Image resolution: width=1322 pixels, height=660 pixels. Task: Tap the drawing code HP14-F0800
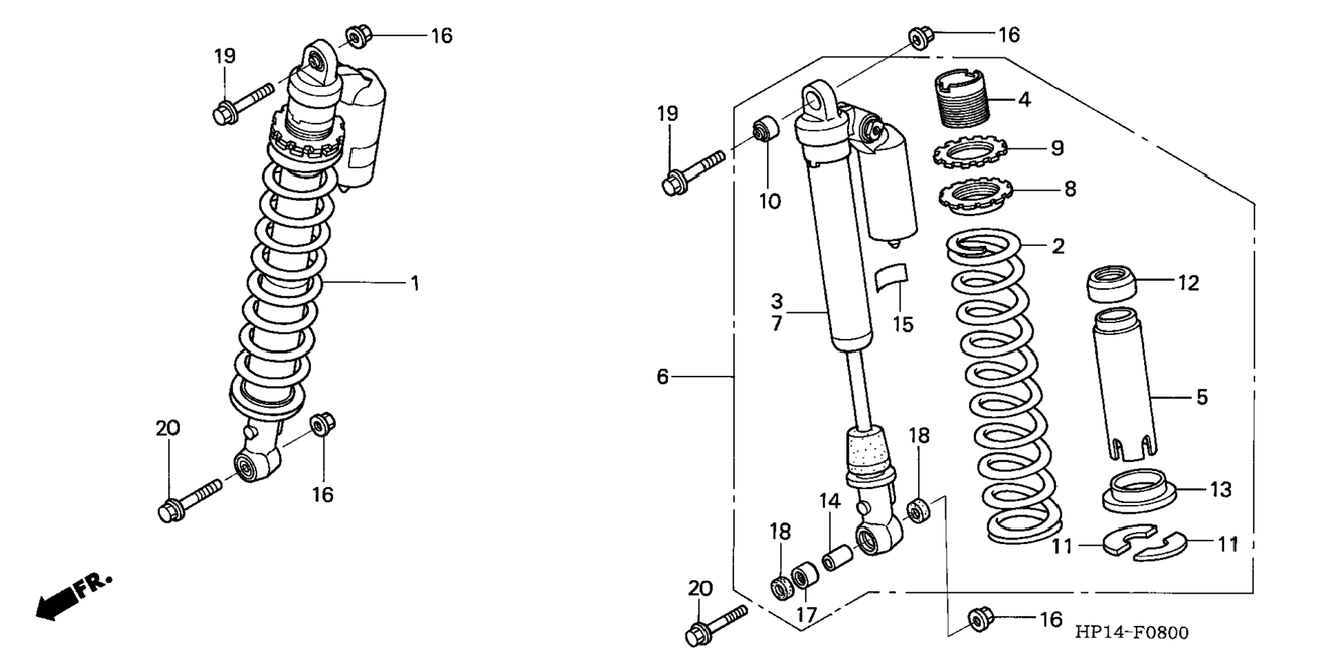click(1131, 633)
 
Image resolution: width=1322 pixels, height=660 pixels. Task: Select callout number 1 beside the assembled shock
click(414, 283)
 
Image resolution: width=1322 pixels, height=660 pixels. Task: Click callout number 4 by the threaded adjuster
click(1023, 100)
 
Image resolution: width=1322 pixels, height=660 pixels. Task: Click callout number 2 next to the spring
click(1057, 246)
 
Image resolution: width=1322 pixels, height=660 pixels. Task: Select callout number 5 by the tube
click(1202, 397)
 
